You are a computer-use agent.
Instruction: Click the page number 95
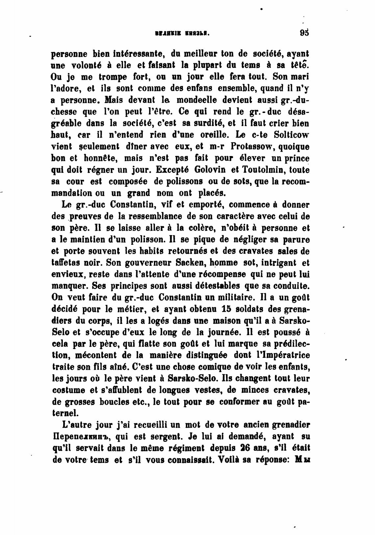click(305, 33)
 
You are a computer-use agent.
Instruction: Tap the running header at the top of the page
click(182, 34)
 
